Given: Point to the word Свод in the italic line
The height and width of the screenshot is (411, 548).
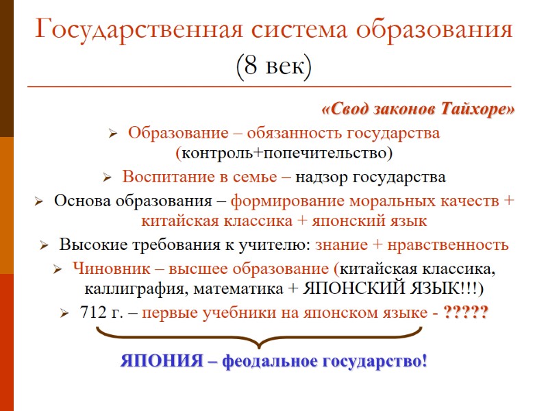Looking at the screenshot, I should pyautogui.click(x=347, y=110).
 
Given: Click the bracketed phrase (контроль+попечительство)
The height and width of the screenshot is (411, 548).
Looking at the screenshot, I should pyautogui.click(x=284, y=151).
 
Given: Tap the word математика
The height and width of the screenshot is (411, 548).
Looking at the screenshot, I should pyautogui.click(x=232, y=287).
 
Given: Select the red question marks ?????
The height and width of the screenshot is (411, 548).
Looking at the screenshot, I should pyautogui.click(x=466, y=312).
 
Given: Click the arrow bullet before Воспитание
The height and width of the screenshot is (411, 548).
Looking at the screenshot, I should pyautogui.click(x=107, y=178).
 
